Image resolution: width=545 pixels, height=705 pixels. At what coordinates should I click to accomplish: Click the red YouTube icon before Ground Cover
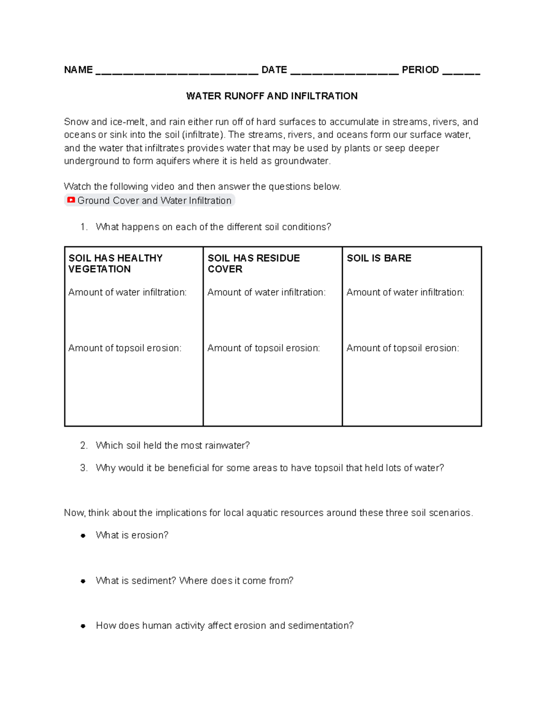(x=71, y=200)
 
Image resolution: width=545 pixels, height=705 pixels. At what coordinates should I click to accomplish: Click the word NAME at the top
(x=78, y=70)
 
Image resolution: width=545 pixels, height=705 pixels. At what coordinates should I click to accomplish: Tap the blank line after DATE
(x=344, y=71)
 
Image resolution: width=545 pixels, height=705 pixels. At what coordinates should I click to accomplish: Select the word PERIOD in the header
(x=420, y=70)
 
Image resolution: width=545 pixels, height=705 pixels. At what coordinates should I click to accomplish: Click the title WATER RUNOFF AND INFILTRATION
(x=272, y=96)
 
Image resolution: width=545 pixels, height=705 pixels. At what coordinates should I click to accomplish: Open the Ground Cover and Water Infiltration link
(x=154, y=201)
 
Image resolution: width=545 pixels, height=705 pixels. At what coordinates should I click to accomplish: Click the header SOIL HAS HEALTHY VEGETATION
(x=115, y=263)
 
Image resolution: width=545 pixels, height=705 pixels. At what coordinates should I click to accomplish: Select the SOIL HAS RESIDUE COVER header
(x=253, y=263)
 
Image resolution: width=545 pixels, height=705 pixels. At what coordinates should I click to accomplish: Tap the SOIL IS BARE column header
(x=379, y=258)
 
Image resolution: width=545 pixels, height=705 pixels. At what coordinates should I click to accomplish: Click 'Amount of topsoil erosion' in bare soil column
(x=402, y=348)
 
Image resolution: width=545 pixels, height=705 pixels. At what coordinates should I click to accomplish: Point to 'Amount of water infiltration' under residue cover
(x=266, y=292)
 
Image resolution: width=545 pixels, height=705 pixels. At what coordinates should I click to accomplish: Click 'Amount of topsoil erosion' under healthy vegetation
(x=124, y=348)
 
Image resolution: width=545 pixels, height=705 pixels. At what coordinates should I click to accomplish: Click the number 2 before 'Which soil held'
(x=83, y=445)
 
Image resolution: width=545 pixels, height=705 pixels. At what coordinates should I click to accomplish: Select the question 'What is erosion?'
(x=132, y=535)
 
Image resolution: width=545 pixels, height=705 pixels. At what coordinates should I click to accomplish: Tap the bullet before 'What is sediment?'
(x=83, y=581)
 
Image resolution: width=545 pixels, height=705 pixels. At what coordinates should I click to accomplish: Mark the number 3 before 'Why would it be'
(x=83, y=468)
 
